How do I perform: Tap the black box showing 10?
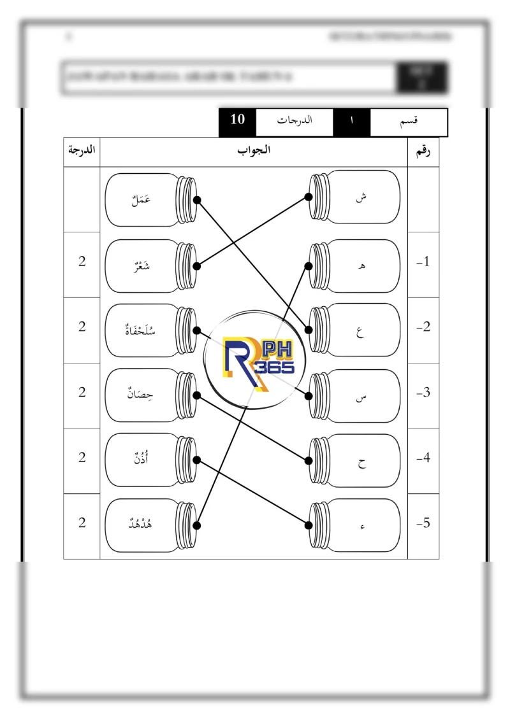click(x=237, y=120)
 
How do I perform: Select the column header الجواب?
click(x=254, y=151)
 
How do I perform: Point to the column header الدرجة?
click(x=82, y=151)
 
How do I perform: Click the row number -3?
click(x=423, y=393)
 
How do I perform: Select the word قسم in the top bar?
click(x=407, y=120)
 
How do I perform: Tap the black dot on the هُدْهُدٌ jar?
click(x=197, y=525)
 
